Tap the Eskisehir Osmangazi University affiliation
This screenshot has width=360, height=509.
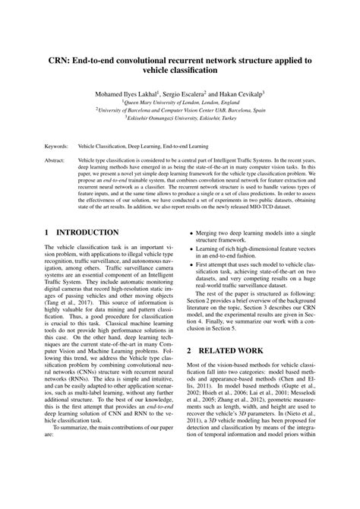click(180, 119)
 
